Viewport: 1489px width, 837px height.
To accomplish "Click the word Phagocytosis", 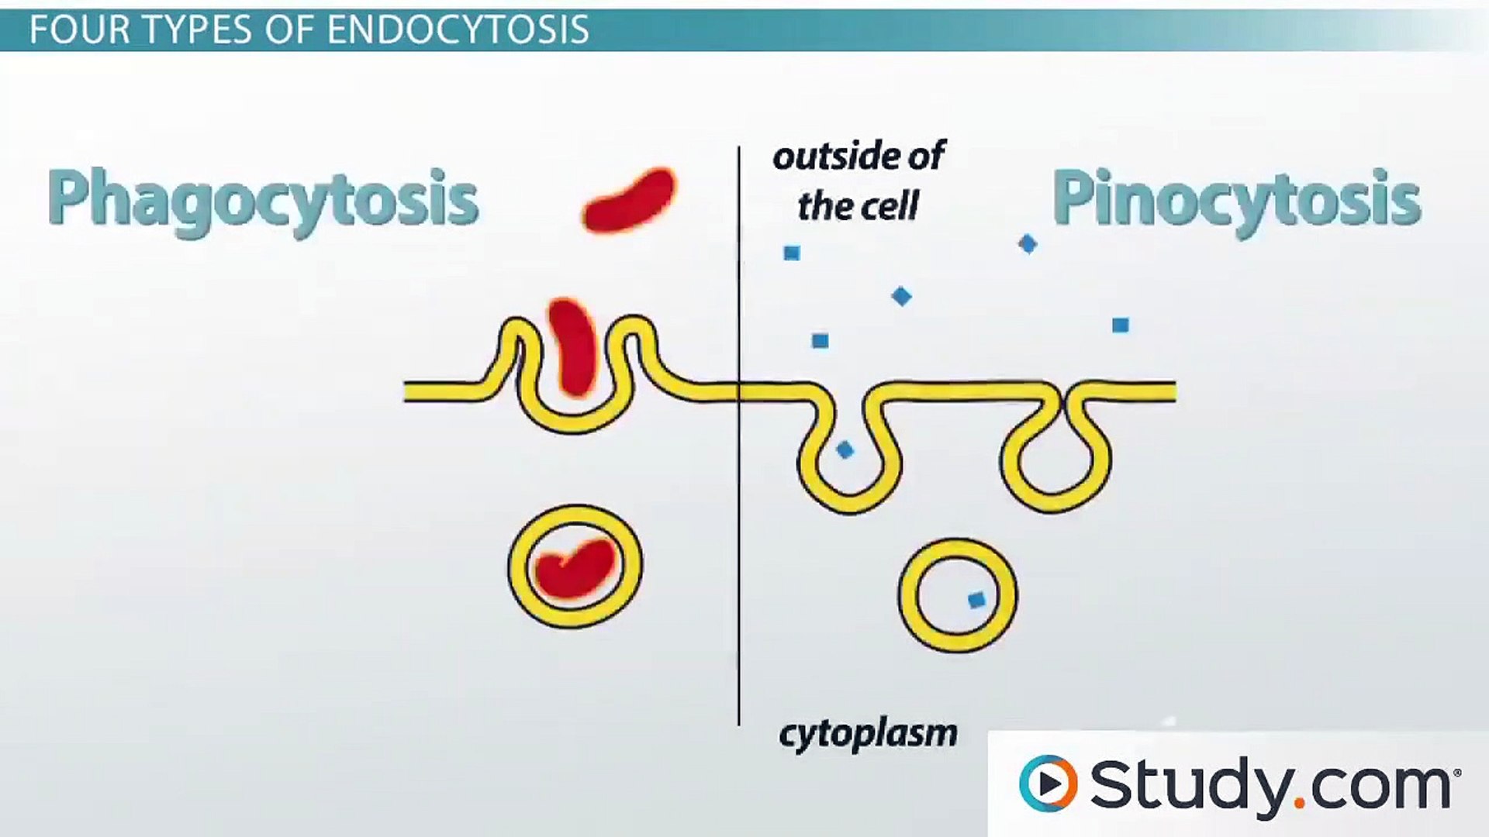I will (x=262, y=199).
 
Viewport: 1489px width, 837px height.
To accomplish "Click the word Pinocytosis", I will (x=1235, y=199).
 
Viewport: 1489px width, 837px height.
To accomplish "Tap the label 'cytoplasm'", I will (x=868, y=733).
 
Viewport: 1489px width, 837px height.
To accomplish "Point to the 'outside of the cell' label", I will (x=859, y=181).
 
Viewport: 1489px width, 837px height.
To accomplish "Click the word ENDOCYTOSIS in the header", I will (x=458, y=29).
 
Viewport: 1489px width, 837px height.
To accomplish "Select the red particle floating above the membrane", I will (x=629, y=201).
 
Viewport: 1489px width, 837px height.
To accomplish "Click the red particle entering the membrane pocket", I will (x=573, y=346).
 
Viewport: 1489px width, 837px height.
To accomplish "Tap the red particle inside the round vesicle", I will (x=575, y=568).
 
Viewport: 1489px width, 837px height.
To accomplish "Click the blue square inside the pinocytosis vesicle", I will (x=977, y=599).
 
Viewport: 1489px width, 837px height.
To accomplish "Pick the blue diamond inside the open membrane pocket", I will (x=845, y=449).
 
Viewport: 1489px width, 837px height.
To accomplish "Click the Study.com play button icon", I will (x=1048, y=784).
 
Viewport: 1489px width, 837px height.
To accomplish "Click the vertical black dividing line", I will (x=739, y=542).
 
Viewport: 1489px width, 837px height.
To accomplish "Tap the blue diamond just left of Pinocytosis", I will (x=1028, y=244).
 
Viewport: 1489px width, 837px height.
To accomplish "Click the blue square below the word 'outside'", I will (x=791, y=253).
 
